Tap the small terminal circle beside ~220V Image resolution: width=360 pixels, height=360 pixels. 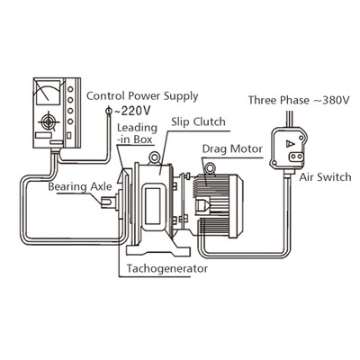pyautogui.click(x=109, y=111)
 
